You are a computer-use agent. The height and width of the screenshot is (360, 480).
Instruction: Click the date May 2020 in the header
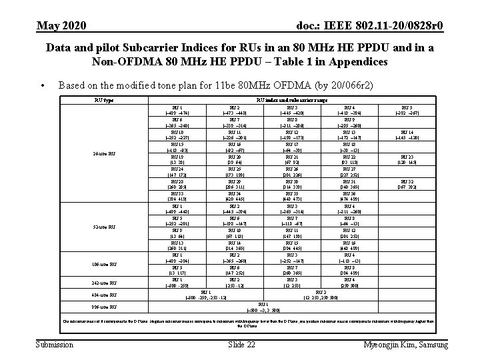pyautogui.click(x=61, y=25)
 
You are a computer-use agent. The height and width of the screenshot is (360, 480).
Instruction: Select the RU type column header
pyautogui.click(x=105, y=101)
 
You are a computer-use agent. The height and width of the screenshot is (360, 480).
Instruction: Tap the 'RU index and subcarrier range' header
pyautogui.click(x=283, y=101)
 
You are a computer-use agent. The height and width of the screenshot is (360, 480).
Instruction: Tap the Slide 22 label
pyautogui.click(x=241, y=344)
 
